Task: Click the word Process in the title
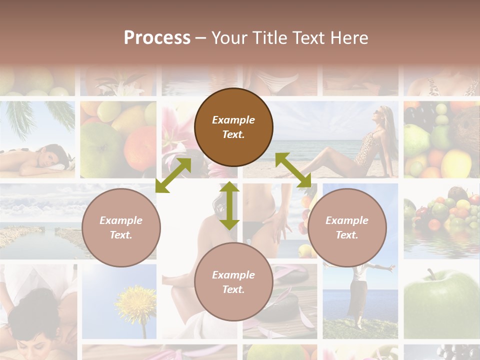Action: pos(157,38)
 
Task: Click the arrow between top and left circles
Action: pos(173,175)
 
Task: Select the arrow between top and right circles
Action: pos(293,170)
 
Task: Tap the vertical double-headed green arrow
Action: pos(229,206)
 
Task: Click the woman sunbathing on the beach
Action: pos(360,145)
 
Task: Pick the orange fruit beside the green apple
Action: pos(140,145)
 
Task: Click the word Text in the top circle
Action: pos(233,134)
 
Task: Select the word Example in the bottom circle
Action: pos(233,274)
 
